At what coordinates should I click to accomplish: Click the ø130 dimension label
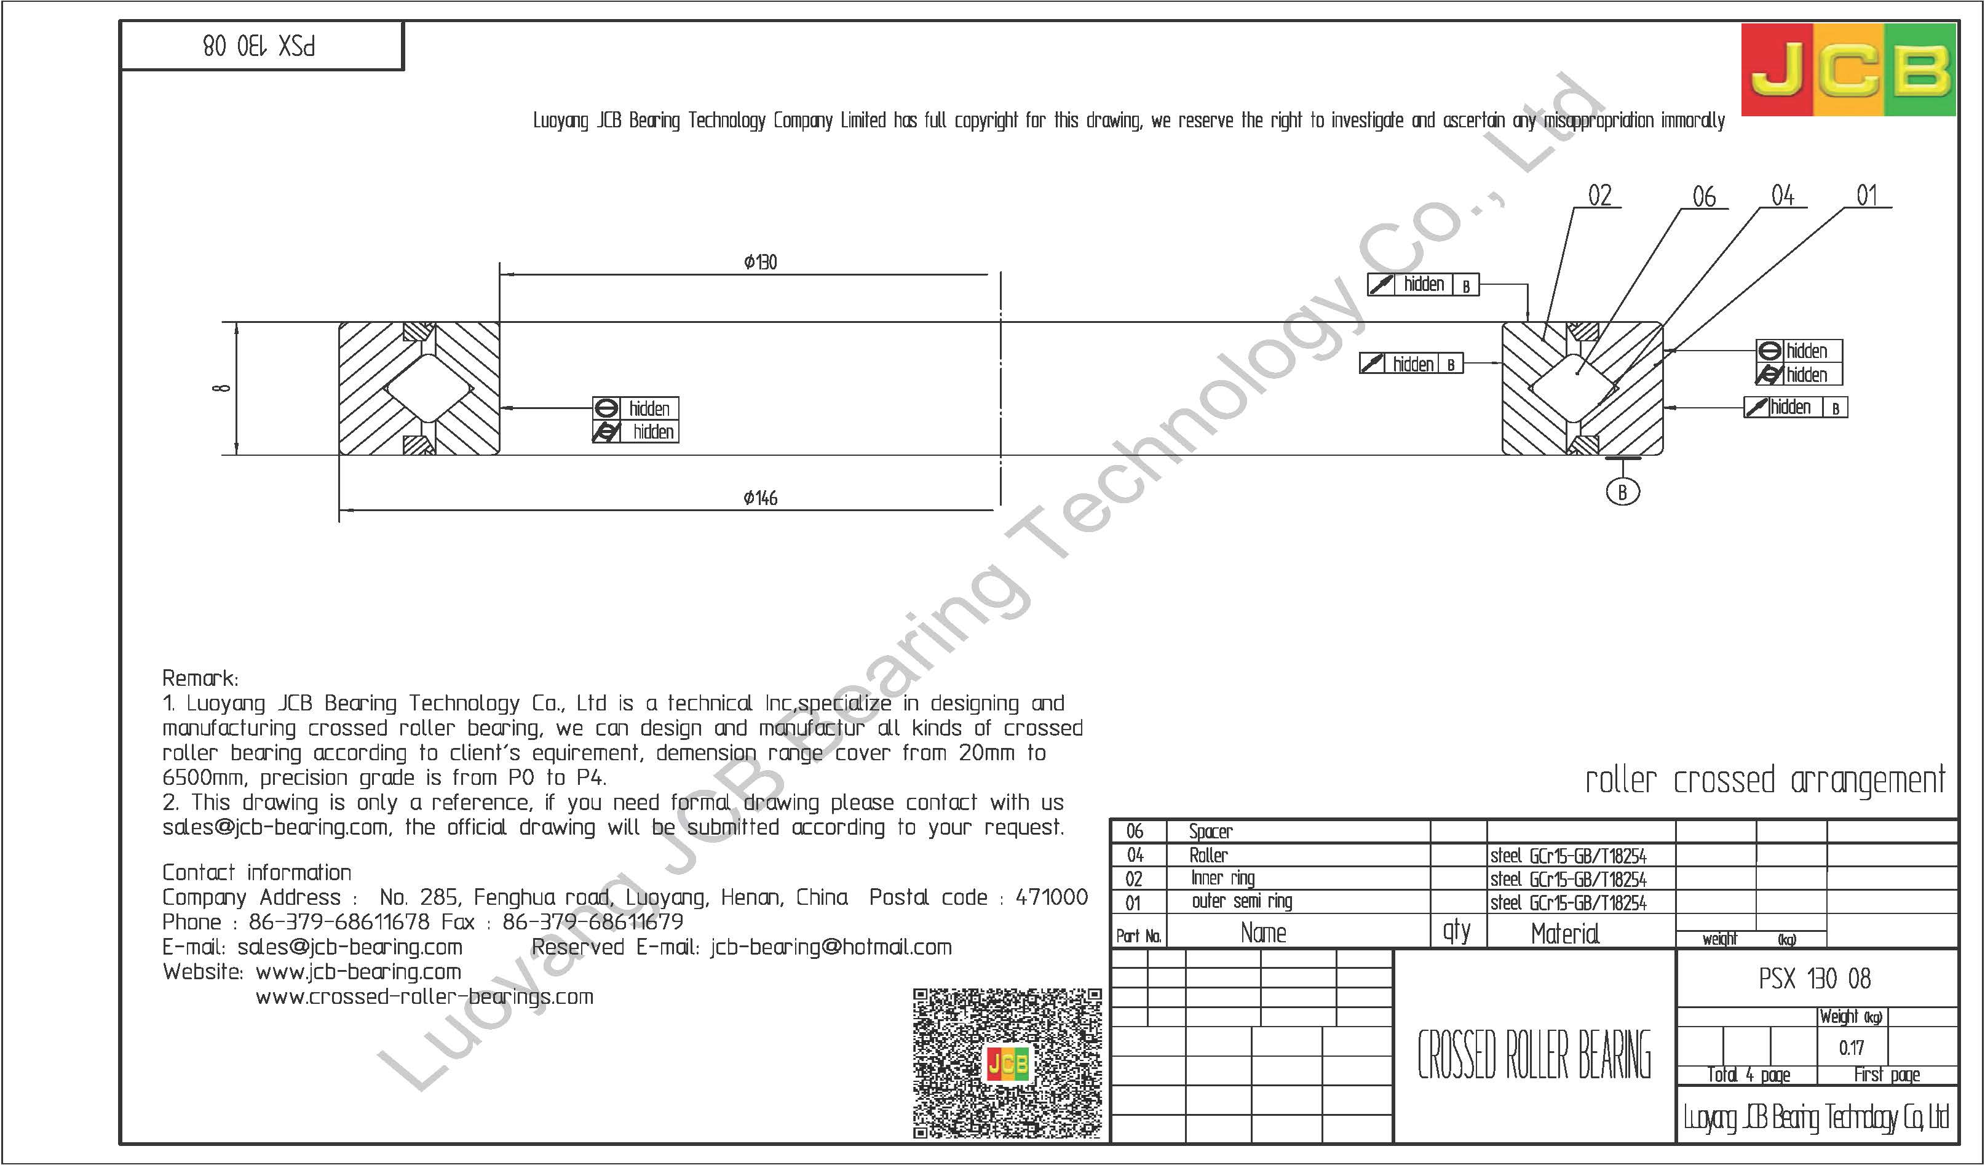pos(760,262)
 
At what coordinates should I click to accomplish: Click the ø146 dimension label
pos(760,498)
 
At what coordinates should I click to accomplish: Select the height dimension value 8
pos(223,388)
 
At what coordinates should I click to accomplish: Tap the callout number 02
pos(1599,196)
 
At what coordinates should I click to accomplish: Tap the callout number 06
pos(1704,197)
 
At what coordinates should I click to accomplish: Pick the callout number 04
pos(1783,196)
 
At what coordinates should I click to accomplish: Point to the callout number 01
pos(1867,196)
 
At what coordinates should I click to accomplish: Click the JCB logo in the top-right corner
pos(1848,70)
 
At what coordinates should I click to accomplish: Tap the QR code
pos(1007,1064)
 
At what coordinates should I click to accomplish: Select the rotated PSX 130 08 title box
pos(260,47)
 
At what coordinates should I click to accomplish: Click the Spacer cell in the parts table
pos(1211,831)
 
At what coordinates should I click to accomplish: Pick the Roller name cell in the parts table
pos(1208,854)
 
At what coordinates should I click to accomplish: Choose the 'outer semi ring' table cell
pos(1242,901)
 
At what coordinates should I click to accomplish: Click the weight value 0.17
pos(1851,1048)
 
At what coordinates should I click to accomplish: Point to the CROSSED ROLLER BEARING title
pos(1534,1055)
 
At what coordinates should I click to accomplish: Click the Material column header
pos(1565,934)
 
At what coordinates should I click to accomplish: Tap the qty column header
pos(1456,931)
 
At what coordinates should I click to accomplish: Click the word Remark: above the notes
pos(200,678)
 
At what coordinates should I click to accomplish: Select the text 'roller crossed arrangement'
pos(1764,781)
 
